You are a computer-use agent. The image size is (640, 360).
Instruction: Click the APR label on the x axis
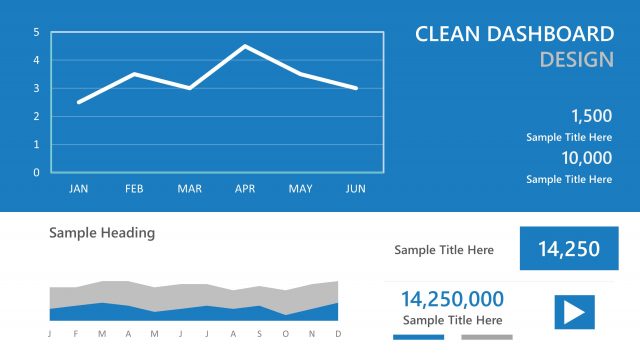click(x=245, y=188)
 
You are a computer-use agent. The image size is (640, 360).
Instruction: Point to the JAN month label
click(x=79, y=188)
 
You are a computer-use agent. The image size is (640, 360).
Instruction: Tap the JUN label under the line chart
click(x=355, y=188)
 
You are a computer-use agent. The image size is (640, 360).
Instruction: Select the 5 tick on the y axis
click(x=36, y=32)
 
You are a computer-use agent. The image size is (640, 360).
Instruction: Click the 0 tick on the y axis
click(x=36, y=172)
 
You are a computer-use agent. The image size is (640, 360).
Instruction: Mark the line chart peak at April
click(x=245, y=46)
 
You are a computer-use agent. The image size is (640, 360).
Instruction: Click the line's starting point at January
click(x=79, y=102)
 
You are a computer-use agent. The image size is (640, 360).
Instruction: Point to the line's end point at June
click(x=355, y=88)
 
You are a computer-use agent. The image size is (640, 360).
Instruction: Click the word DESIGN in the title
click(x=576, y=60)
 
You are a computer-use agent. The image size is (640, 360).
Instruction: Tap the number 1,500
click(x=590, y=116)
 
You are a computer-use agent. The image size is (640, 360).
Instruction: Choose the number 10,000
click(x=586, y=158)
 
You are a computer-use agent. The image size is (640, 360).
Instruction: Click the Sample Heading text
click(x=102, y=233)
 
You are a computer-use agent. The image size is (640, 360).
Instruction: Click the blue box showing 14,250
click(x=568, y=249)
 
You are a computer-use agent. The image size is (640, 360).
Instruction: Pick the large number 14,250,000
click(x=453, y=299)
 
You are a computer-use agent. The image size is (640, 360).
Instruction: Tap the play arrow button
click(x=574, y=312)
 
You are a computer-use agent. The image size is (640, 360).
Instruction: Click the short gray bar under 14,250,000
click(x=487, y=337)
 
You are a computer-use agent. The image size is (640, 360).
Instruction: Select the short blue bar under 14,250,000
click(x=412, y=337)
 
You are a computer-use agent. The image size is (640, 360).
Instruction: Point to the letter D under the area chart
click(x=338, y=333)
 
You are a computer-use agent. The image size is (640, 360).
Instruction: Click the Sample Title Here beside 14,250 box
click(x=444, y=250)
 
